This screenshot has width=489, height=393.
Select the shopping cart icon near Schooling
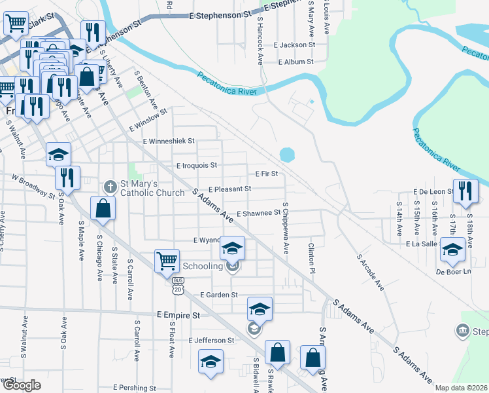point(167,261)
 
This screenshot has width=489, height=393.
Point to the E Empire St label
point(178,315)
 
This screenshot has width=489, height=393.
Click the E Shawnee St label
point(258,214)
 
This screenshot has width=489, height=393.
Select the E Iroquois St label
point(196,166)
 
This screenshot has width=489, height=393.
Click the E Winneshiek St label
point(169,141)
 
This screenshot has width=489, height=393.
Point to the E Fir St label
point(267,174)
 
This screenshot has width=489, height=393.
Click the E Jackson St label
point(295,45)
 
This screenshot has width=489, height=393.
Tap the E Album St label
point(296,62)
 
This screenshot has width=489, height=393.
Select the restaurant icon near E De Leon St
point(465,191)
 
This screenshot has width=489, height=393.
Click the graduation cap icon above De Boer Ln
point(452,249)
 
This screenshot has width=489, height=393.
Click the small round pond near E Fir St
point(286,155)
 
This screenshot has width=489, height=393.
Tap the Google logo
point(22,385)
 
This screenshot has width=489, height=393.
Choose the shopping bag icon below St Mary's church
point(103,208)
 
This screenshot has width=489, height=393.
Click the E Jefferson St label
point(211,341)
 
